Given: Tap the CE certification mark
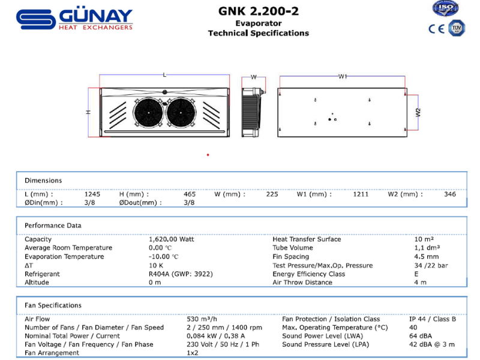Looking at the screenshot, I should (x=436, y=28).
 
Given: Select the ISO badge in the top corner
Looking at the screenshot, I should (x=445, y=8).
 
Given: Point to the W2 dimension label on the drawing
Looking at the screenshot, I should (x=418, y=112).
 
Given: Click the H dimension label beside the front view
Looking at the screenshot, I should (x=88, y=112).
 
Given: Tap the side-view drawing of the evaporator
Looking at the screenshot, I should (x=253, y=110).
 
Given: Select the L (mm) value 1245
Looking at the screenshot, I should (x=92, y=194).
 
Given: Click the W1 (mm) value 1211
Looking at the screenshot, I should (x=361, y=194).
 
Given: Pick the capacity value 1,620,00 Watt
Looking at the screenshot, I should (x=171, y=239).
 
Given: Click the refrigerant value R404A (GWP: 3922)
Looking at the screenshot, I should (x=181, y=274).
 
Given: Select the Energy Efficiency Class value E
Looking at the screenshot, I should (x=416, y=274).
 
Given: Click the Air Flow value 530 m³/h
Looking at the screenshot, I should (x=201, y=319).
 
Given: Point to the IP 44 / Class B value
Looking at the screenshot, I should (x=433, y=319).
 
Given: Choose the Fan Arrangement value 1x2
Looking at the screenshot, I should (x=193, y=353).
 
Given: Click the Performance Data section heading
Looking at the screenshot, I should (x=53, y=226).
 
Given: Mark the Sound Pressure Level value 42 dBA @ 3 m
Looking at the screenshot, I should (x=432, y=344).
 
